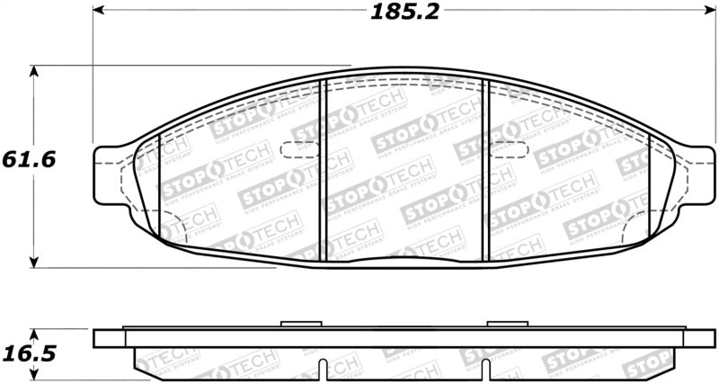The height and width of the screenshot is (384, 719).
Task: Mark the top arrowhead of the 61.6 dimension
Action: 33,69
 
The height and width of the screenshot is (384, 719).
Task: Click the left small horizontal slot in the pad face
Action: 297,150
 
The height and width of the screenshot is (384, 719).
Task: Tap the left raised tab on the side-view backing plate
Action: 295,324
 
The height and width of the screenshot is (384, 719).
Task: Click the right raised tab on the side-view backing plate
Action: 500,324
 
